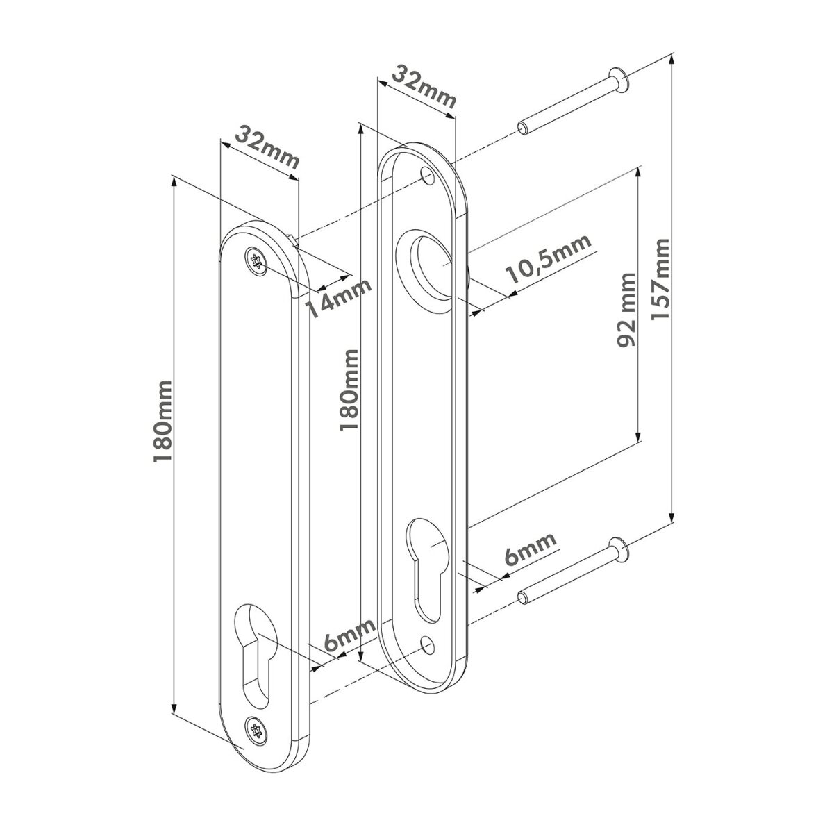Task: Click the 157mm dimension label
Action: point(660,279)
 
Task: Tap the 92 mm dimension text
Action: point(626,310)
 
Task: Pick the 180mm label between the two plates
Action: point(349,390)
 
